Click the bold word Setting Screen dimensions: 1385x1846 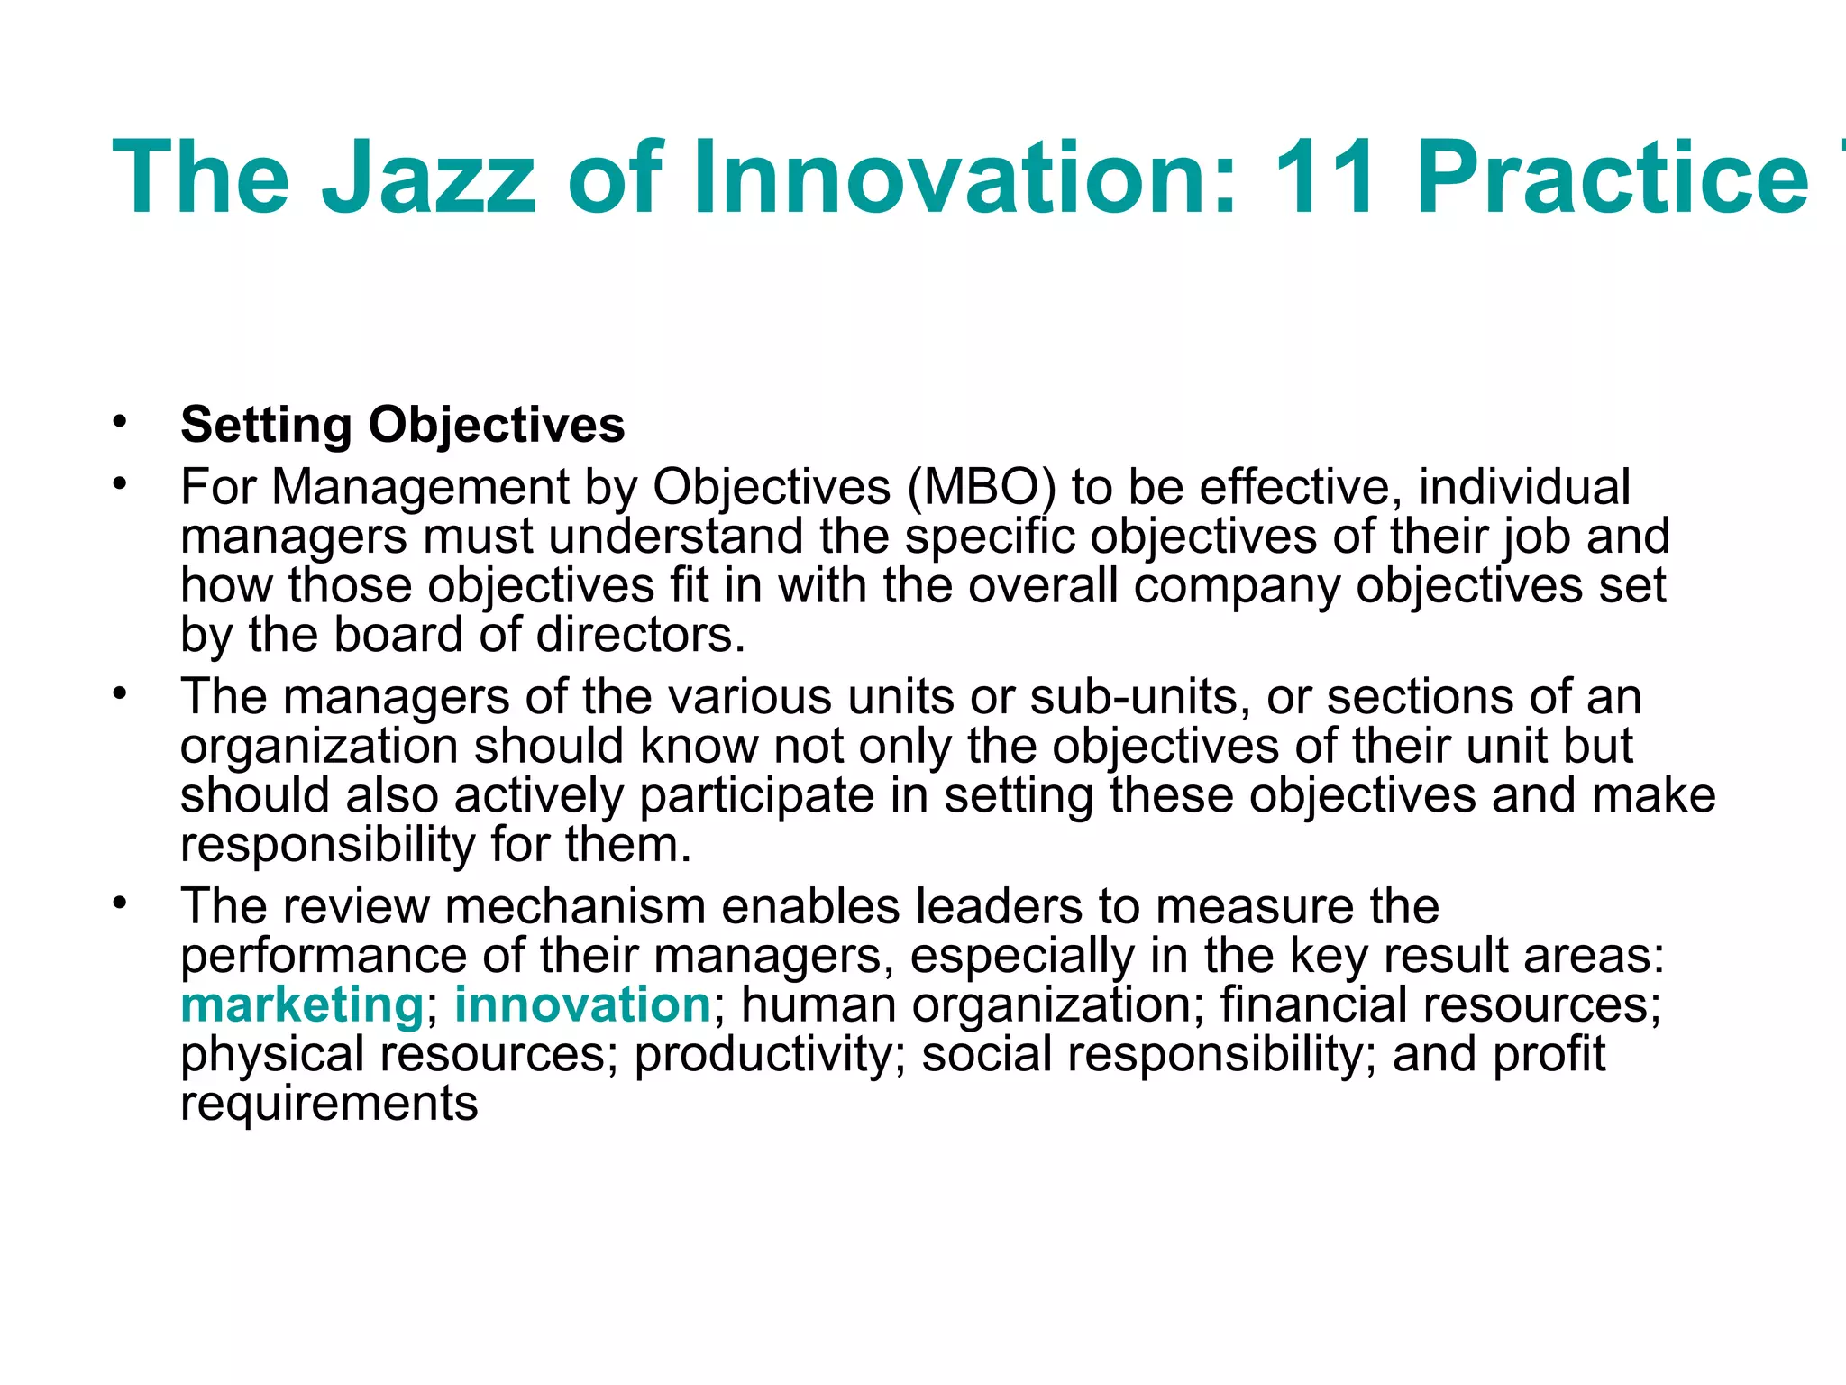tap(266, 426)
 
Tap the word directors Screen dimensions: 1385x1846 tap(641, 635)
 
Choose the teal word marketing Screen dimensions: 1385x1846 tap(302, 1004)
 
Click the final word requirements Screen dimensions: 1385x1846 tap(329, 1104)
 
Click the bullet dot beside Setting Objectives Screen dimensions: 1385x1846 tap(120, 422)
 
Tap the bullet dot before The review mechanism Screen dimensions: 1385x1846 tap(120, 903)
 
